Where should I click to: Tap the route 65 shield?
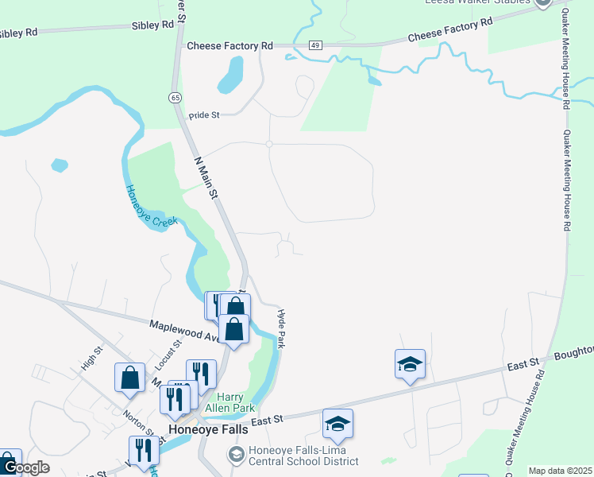point(174,97)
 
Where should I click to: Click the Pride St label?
point(203,115)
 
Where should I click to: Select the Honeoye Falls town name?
point(209,429)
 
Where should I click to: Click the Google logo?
point(26,467)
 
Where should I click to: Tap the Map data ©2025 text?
point(559,471)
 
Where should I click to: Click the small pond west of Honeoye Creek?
point(59,165)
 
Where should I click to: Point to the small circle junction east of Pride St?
point(269,144)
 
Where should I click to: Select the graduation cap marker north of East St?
point(410,364)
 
